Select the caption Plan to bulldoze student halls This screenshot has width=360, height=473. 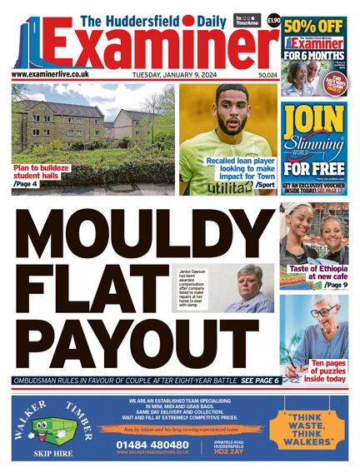click(42, 172)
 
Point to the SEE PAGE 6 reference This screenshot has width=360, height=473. click(259, 381)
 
